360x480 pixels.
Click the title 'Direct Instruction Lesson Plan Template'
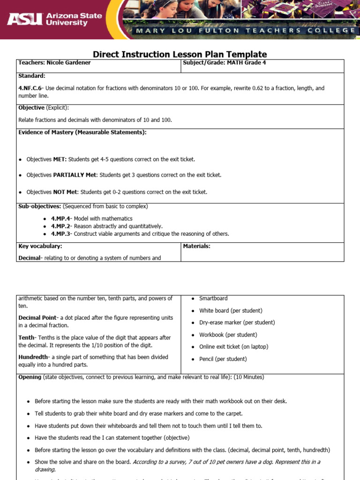[x=180, y=54]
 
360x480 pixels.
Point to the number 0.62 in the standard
[x=260, y=88]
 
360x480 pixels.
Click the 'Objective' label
[x=31, y=108]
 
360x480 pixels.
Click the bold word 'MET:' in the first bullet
[x=60, y=159]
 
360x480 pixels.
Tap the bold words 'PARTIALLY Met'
[x=75, y=175]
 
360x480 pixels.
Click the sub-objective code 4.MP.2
[x=60, y=226]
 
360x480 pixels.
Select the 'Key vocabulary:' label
[x=40, y=246]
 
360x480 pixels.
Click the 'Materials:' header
[x=196, y=246]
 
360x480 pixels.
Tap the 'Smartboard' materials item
[x=213, y=298]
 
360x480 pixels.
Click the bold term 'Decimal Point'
[x=37, y=318]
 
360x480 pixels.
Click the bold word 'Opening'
[x=30, y=377]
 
